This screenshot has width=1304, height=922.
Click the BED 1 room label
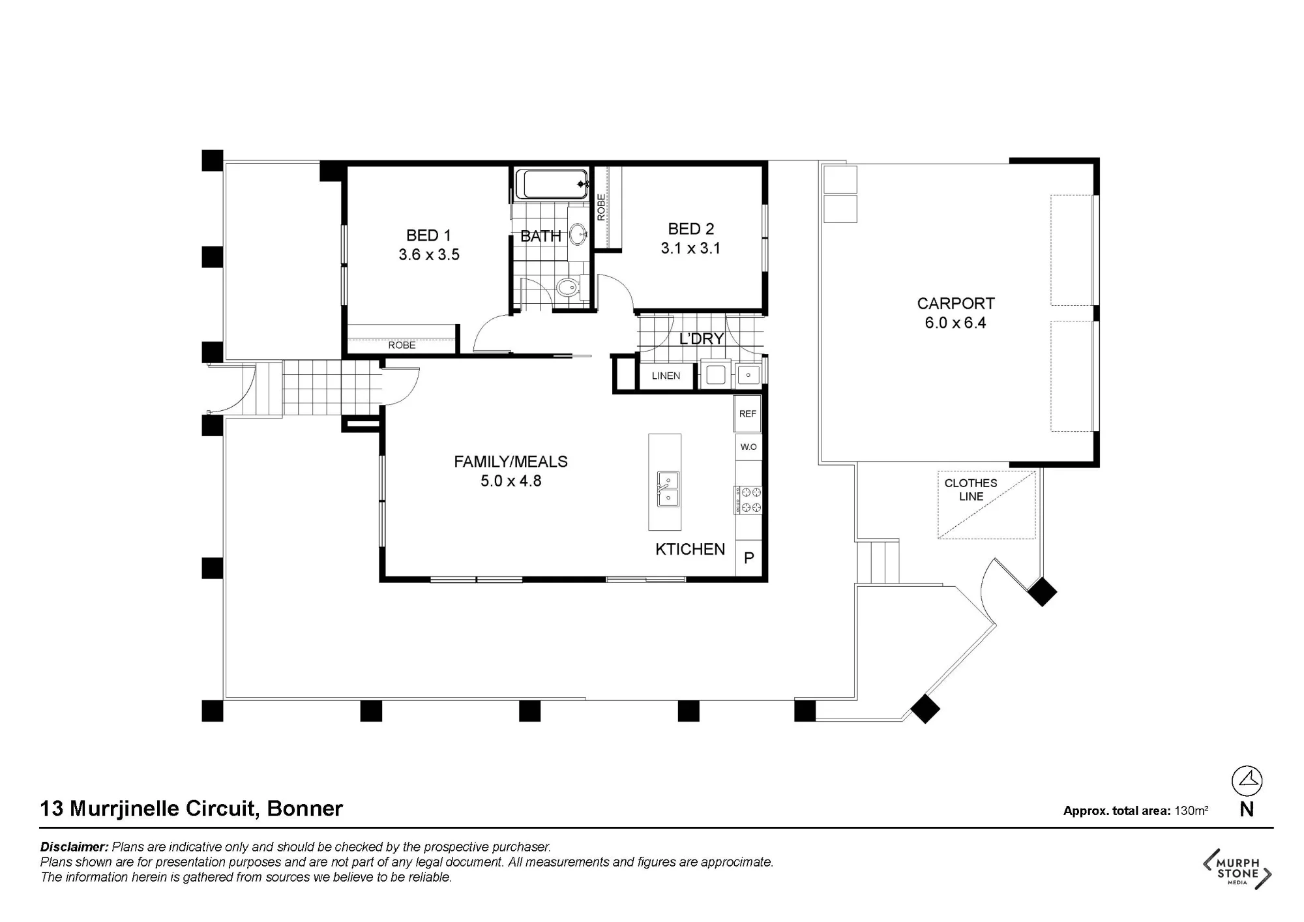(x=428, y=235)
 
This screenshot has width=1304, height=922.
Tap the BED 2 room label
(x=691, y=229)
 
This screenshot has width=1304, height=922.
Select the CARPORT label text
(x=956, y=303)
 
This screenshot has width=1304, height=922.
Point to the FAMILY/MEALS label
(x=511, y=462)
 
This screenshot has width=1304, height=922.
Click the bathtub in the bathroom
(x=552, y=185)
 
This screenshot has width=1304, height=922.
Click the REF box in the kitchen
(x=748, y=413)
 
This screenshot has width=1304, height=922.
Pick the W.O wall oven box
(x=748, y=447)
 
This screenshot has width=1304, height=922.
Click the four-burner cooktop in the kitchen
(x=748, y=499)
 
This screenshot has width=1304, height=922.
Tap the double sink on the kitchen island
(x=668, y=488)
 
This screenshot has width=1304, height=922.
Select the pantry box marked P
(x=748, y=558)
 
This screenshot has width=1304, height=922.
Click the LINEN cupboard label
(x=666, y=376)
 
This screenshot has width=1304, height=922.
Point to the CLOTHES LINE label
(x=971, y=490)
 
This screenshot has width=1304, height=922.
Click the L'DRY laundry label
(x=702, y=339)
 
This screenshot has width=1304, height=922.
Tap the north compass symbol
(x=1247, y=781)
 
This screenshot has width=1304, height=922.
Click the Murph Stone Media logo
(x=1237, y=869)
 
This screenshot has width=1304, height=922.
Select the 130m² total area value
(x=1191, y=810)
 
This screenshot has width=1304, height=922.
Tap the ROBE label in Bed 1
(x=402, y=345)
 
